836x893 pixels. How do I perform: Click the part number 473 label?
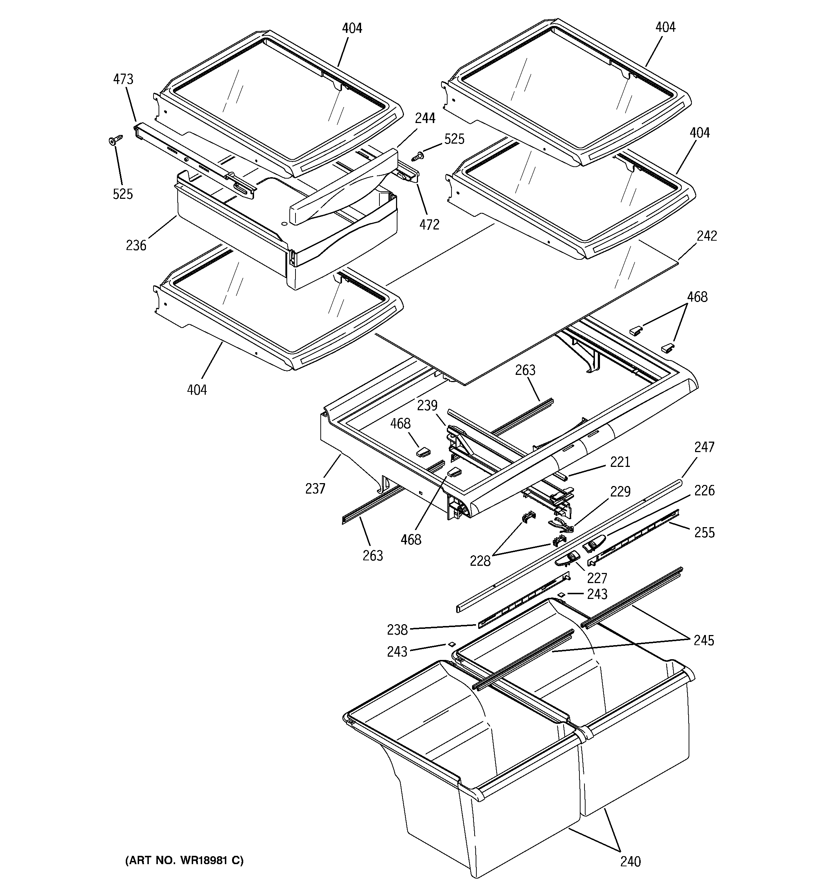[x=123, y=79]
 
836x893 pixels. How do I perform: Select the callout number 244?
[x=424, y=118]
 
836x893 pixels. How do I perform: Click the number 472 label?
[x=429, y=224]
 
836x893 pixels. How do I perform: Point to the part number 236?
[x=136, y=245]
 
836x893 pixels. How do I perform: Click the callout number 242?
[x=707, y=236]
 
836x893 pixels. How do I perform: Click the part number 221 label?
[x=620, y=462]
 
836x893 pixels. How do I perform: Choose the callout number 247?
[x=704, y=447]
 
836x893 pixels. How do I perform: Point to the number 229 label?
[x=620, y=491]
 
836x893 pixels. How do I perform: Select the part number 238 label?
[x=397, y=630]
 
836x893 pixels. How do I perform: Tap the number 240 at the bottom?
[x=631, y=861]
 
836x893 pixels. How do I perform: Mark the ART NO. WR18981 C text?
[x=184, y=860]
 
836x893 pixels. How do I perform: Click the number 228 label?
[x=480, y=561]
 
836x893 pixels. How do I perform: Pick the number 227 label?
[x=597, y=578]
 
